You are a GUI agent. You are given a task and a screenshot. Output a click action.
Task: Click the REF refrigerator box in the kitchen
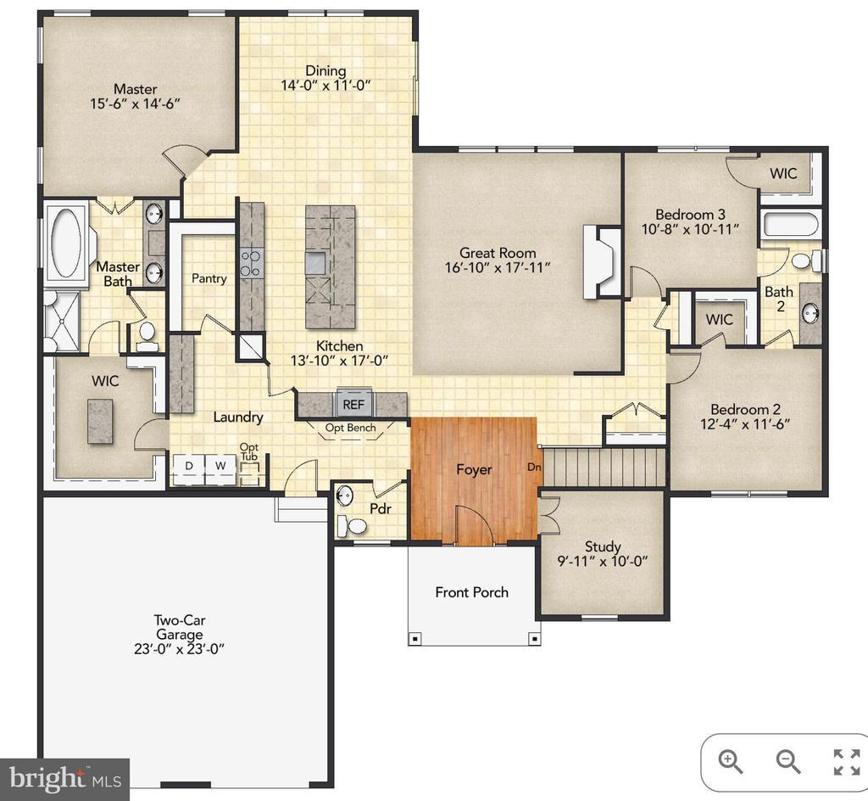(x=353, y=405)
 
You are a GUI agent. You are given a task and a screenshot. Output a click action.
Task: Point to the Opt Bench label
(x=350, y=428)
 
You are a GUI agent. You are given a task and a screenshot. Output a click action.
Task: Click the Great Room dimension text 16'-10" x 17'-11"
(x=498, y=268)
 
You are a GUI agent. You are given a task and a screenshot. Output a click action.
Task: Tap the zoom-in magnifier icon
(x=730, y=762)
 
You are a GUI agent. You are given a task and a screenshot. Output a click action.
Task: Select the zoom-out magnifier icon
(x=788, y=762)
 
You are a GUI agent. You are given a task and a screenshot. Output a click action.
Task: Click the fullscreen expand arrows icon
(x=847, y=762)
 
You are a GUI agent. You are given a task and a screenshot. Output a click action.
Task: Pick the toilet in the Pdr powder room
(x=353, y=525)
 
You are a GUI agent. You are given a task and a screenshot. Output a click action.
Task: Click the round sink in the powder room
(x=345, y=494)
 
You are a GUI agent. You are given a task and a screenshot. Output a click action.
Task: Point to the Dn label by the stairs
(x=534, y=467)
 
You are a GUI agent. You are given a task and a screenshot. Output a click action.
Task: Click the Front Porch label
(x=471, y=592)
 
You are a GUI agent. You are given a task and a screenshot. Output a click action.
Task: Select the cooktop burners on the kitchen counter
(x=251, y=263)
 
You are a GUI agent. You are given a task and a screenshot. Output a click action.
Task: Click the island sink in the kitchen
(x=316, y=263)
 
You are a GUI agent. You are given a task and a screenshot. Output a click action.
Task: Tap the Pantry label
(x=209, y=278)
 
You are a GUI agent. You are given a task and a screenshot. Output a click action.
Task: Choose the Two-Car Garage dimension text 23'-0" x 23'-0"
(x=180, y=648)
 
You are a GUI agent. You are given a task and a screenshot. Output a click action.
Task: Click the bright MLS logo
(x=64, y=780)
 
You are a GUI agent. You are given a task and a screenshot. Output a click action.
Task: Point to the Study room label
(x=603, y=546)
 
